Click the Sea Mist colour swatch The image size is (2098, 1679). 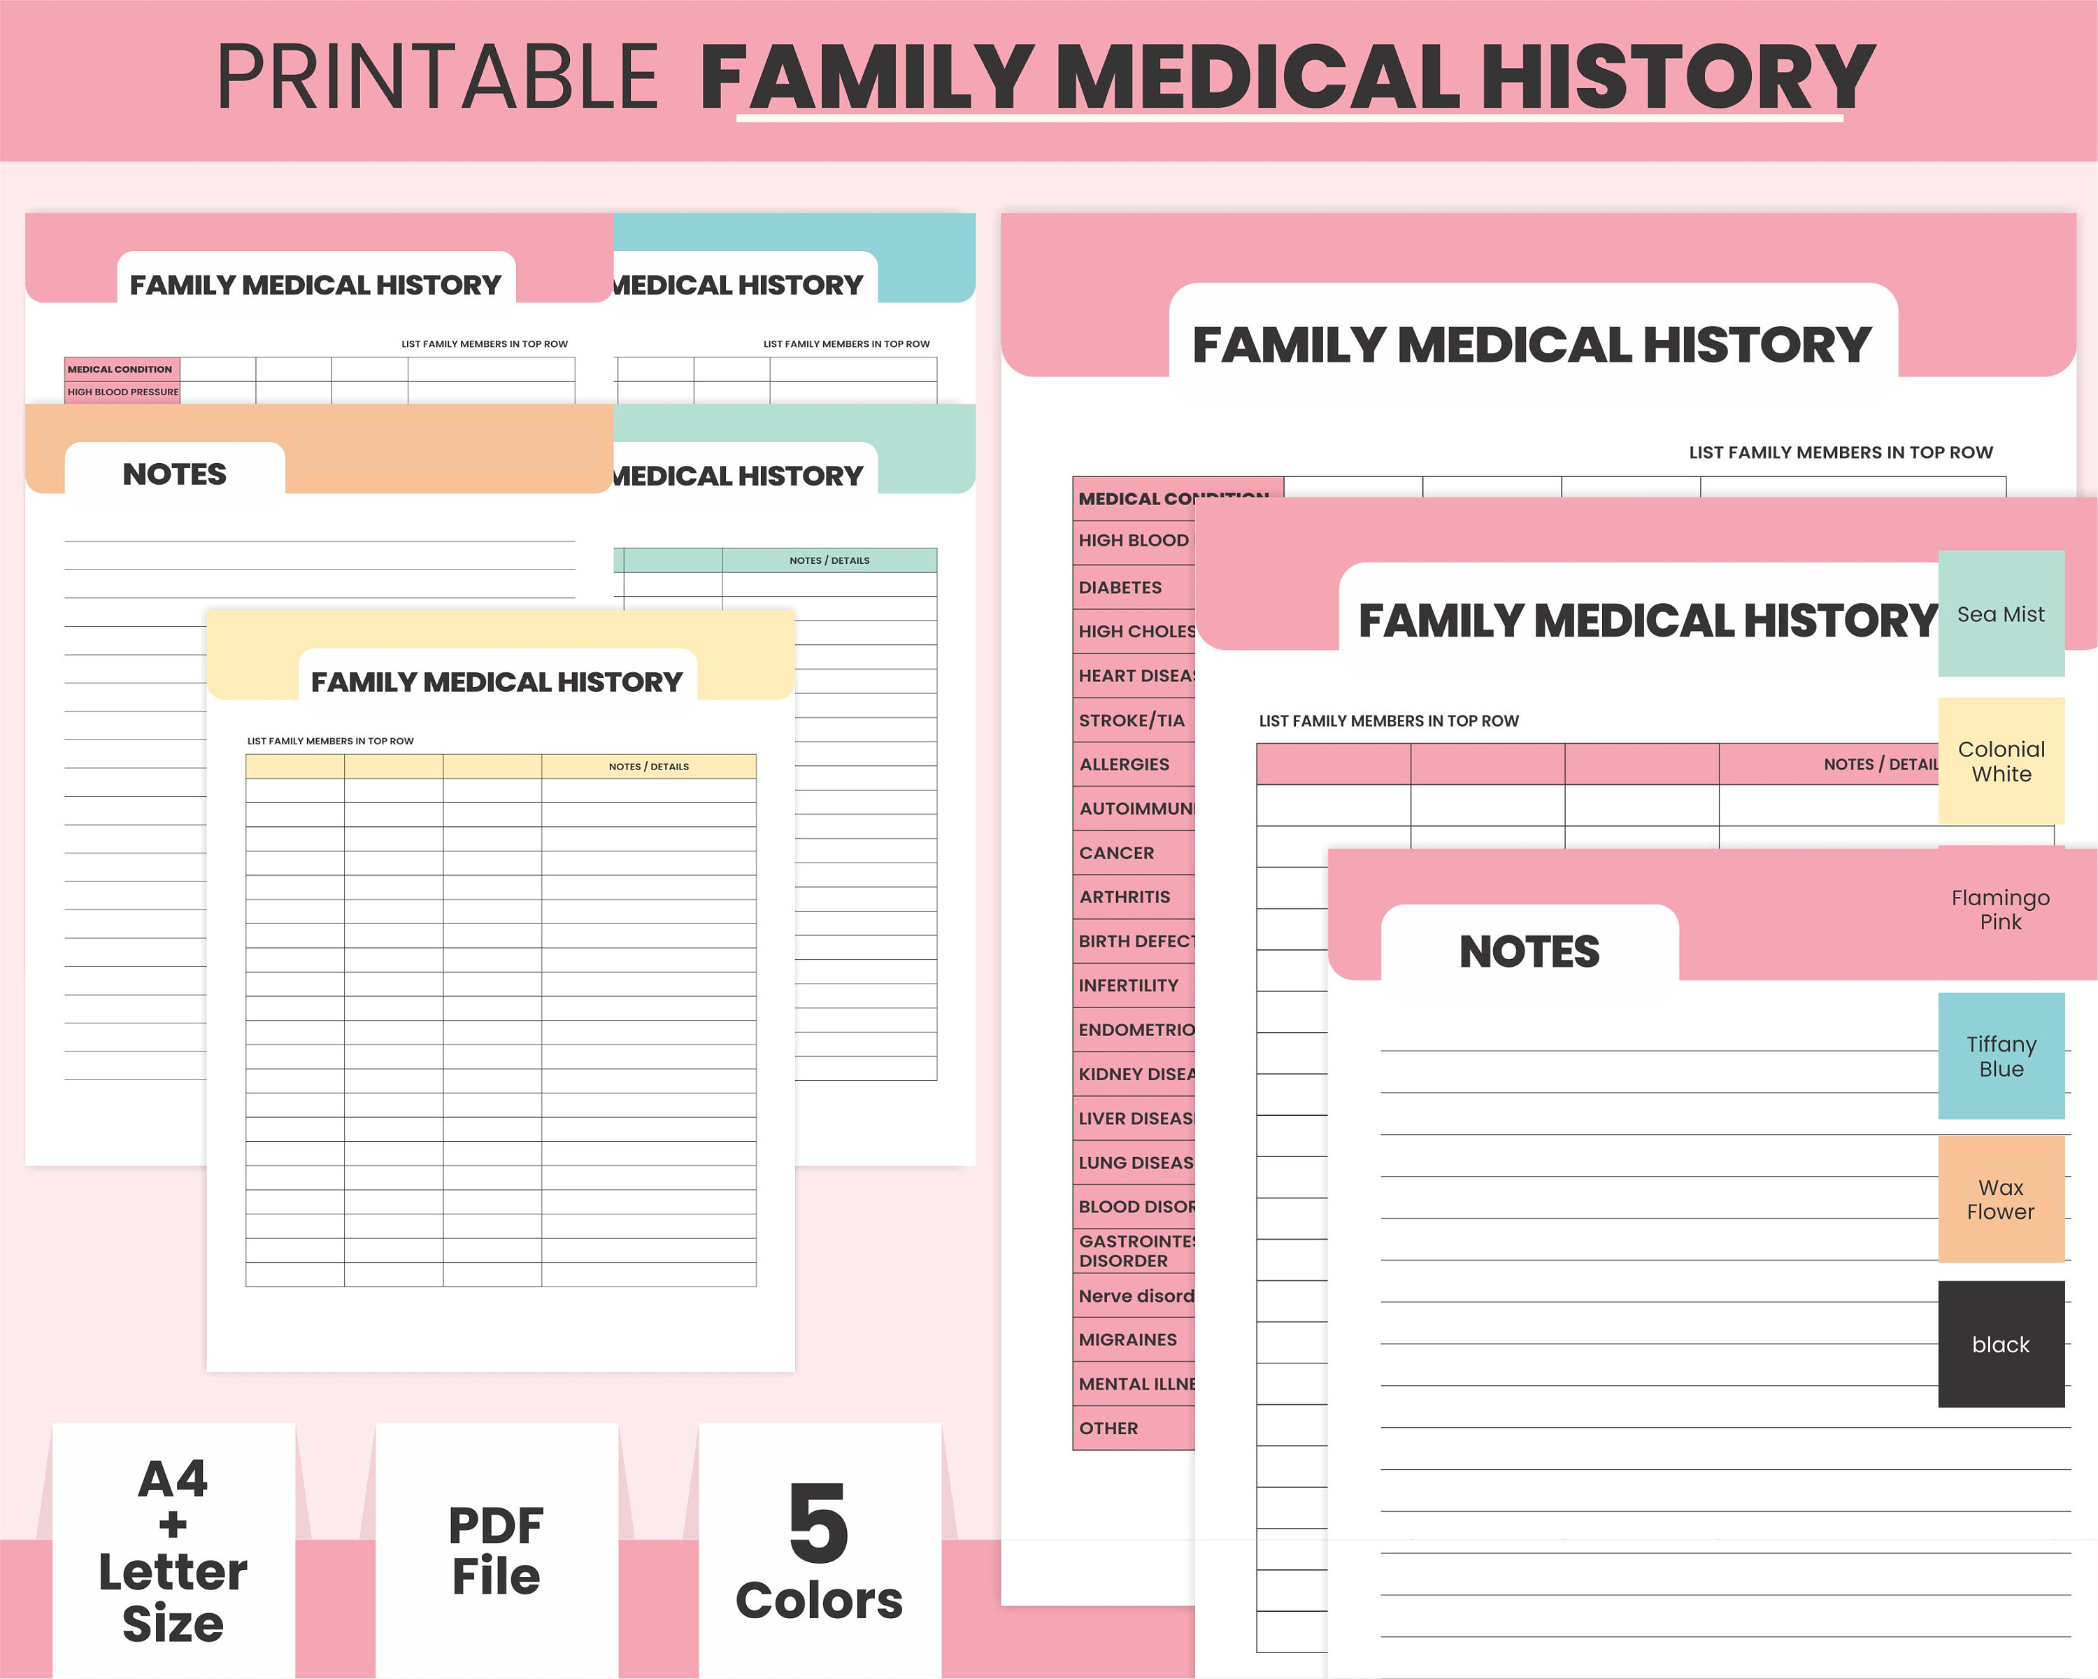coord(2001,614)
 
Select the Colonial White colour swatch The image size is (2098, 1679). coord(2001,761)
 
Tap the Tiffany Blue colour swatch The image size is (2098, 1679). coord(2001,1056)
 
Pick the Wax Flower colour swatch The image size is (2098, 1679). coord(2001,1199)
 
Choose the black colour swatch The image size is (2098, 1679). coord(2001,1344)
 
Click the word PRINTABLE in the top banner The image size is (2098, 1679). coord(438,77)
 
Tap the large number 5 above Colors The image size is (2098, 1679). coord(818,1523)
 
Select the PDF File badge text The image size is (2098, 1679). coord(497,1550)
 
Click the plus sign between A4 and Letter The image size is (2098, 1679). coord(173,1524)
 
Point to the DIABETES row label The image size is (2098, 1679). coord(1120,587)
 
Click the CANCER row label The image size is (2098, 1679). coord(1116,853)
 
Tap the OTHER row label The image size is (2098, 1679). coord(1108,1428)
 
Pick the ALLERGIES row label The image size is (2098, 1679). coord(1124,764)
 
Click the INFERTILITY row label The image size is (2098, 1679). coord(1128,985)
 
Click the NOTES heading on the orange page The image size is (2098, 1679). coord(174,474)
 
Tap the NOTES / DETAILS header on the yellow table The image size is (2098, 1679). coord(648,767)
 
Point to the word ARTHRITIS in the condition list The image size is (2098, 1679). coord(1124,896)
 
